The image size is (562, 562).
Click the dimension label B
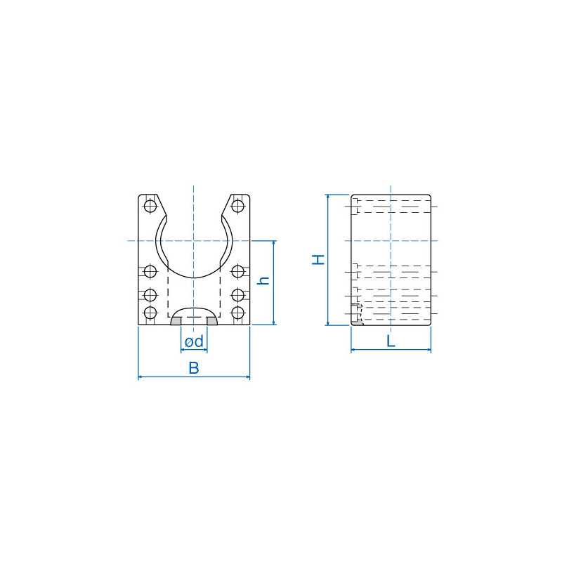194,367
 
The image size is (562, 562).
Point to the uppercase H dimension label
319,259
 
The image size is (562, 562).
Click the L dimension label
391,341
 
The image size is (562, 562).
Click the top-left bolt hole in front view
150,206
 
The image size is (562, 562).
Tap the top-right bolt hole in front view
238,206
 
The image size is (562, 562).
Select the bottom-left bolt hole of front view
150,313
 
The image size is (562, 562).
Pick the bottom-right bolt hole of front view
238,313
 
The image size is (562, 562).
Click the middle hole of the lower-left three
150,294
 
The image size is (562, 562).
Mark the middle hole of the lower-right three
238,294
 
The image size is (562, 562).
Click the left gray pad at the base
176,321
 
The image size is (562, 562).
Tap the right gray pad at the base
211,321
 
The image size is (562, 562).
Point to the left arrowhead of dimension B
141,378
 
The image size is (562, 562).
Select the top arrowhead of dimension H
328,198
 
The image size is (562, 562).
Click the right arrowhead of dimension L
428,350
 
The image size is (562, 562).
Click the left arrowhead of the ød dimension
183,350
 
